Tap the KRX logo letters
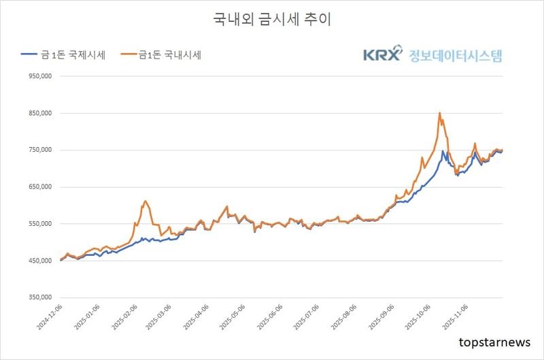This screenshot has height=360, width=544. (383, 54)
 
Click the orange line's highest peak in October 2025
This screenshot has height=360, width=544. (439, 113)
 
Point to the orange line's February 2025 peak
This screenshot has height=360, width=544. (145, 201)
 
